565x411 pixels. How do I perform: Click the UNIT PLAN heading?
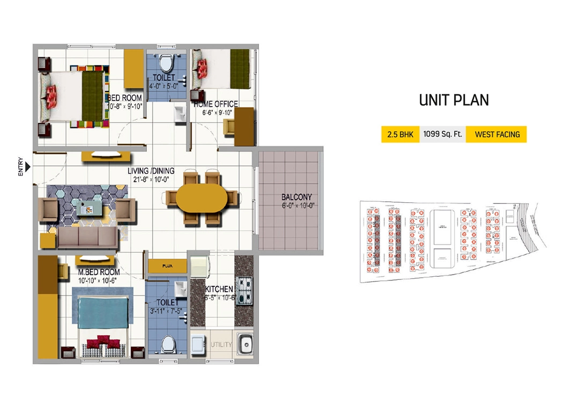point(454,100)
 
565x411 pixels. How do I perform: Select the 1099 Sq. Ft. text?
point(442,134)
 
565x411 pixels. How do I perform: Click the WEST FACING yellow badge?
point(496,134)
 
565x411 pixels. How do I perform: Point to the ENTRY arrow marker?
point(28,168)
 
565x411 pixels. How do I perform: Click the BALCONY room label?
point(296,197)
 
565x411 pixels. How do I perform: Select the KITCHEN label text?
point(219,290)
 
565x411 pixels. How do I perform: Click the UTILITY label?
point(221,345)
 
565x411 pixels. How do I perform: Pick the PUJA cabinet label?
point(167,265)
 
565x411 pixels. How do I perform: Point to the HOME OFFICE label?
point(216,104)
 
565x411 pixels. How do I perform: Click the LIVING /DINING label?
point(151,171)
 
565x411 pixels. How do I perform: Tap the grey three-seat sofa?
point(87,237)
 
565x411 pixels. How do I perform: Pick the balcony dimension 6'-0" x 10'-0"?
point(298,205)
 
